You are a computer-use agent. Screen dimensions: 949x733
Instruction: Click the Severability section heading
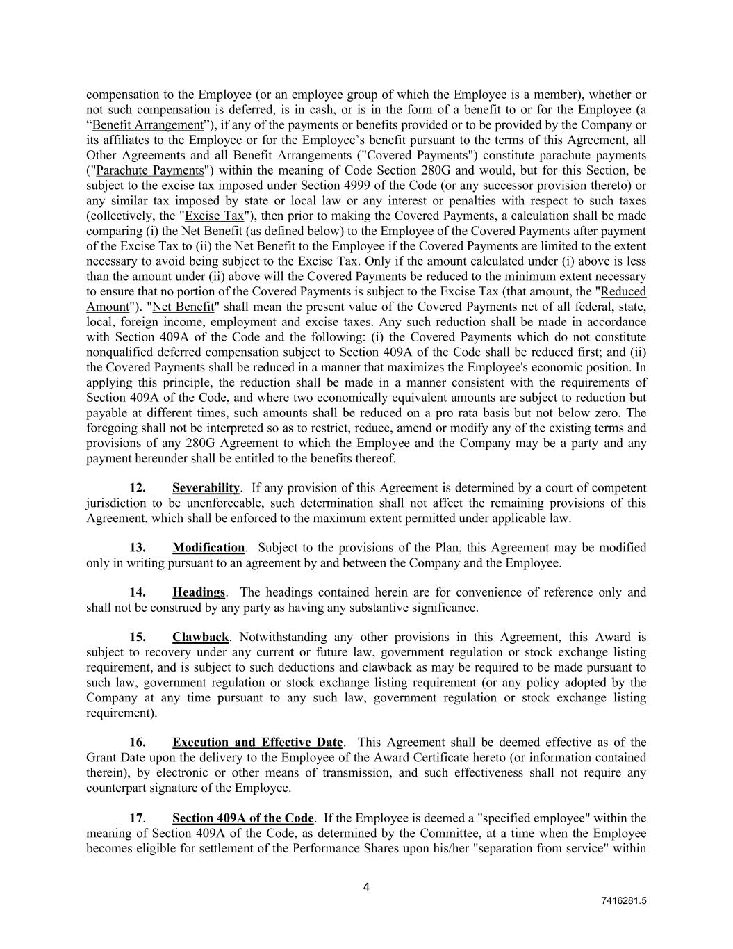[x=206, y=488]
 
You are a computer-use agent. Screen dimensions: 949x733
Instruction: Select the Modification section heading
[x=208, y=548]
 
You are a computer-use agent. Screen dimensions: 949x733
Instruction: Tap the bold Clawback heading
[x=200, y=638]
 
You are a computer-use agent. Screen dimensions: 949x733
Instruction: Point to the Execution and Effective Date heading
[x=257, y=743]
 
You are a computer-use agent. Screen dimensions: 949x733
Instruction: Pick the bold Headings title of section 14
[x=199, y=592]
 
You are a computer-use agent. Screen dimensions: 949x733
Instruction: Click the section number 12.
[x=138, y=488]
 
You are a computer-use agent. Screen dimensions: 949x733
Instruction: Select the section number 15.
[x=138, y=638]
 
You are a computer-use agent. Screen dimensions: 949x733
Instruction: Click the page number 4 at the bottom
[x=366, y=887]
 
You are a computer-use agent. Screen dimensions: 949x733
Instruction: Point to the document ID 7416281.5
[x=624, y=901]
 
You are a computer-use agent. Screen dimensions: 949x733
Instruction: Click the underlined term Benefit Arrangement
[x=147, y=125]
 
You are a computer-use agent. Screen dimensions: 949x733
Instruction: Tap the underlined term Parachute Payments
[x=149, y=171]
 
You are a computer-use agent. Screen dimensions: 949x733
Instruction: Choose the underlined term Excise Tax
[x=214, y=216]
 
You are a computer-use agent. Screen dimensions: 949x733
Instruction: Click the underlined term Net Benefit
[x=183, y=307]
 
